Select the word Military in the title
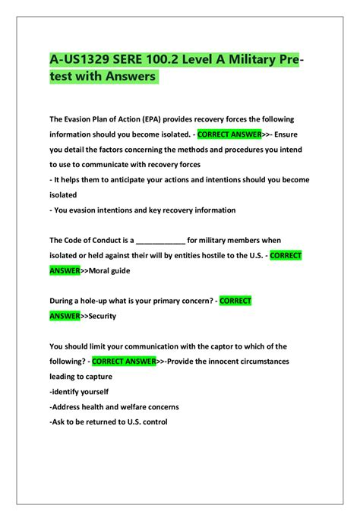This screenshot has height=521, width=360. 251,59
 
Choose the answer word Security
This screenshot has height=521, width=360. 103,316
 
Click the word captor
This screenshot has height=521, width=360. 202,346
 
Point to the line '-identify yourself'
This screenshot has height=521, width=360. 79,391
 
